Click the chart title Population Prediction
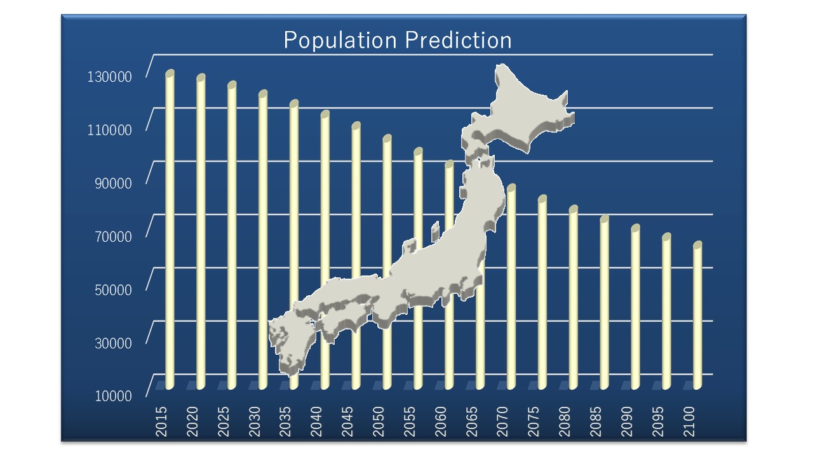click(398, 40)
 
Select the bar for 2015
click(170, 229)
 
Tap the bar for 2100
click(697, 315)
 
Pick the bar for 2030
click(263, 239)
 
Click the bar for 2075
click(542, 293)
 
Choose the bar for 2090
click(636, 307)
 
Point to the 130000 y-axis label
click(109, 77)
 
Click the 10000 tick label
click(113, 396)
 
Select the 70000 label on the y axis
click(113, 237)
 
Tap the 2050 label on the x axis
click(378, 421)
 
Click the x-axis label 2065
click(471, 421)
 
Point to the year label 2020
click(192, 421)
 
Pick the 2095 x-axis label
click(657, 421)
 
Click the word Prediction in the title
click(458, 40)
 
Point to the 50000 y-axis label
click(113, 290)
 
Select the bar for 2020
click(201, 232)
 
